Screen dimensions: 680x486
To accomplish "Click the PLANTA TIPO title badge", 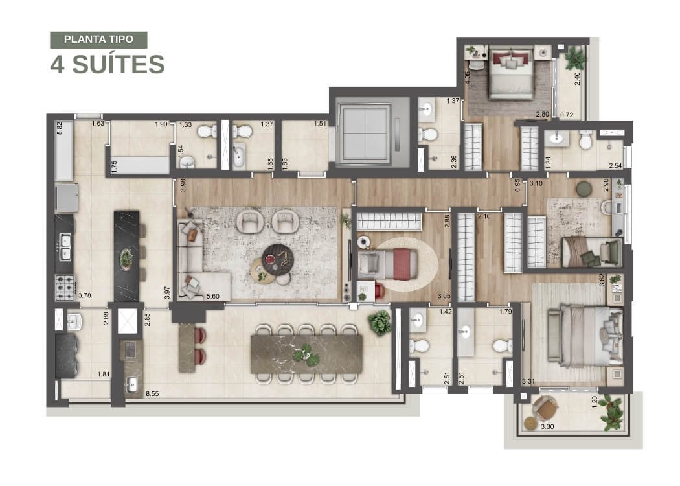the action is [x=98, y=40].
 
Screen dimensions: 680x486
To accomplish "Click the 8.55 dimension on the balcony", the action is [x=152, y=394].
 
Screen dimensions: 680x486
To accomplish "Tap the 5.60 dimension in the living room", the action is [x=213, y=296].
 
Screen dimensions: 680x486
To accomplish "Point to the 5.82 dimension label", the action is [x=60, y=128].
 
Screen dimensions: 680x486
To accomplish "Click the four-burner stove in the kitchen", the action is [x=65, y=287].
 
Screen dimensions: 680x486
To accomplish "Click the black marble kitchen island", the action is [x=127, y=256].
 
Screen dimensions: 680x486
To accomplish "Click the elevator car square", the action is [x=365, y=133].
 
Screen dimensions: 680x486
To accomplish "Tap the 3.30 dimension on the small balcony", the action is [x=547, y=426].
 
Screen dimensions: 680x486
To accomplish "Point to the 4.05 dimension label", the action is [x=467, y=77].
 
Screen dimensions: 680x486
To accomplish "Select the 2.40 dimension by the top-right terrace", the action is [x=577, y=78].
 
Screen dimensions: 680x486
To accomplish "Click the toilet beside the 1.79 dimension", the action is [x=502, y=345].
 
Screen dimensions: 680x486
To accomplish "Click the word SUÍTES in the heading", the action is [x=118, y=65].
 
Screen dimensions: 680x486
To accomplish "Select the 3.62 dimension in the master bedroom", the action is [x=602, y=279].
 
